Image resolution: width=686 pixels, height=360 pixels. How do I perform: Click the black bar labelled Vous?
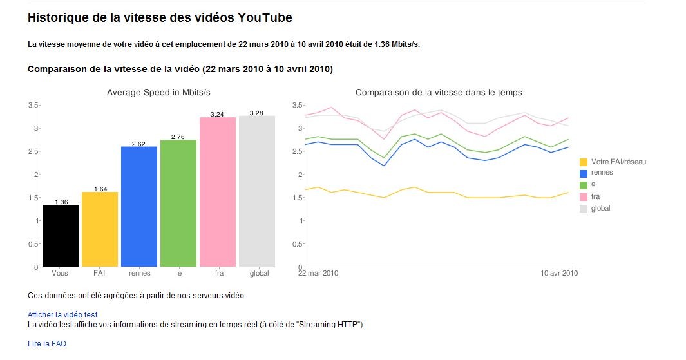click(61, 236)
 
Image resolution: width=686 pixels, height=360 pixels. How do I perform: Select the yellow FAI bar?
click(100, 229)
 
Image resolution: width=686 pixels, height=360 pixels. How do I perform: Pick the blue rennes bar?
click(139, 206)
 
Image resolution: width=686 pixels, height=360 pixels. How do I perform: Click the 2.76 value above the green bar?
click(178, 137)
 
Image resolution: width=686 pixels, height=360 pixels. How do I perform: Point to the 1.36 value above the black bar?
click(61, 202)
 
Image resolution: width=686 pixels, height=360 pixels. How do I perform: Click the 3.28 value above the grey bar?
click(257, 113)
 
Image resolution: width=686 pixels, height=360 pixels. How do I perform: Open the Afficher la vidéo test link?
click(62, 315)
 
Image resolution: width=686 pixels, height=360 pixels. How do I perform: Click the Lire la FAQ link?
click(47, 344)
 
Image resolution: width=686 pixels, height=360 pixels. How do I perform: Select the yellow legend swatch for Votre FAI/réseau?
click(584, 162)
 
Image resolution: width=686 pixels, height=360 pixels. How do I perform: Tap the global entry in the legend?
click(600, 208)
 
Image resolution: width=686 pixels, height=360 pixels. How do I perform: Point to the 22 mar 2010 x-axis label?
click(318, 273)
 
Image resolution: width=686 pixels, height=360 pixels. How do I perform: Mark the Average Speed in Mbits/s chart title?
click(158, 93)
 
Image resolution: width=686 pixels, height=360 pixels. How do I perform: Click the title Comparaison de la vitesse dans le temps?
click(439, 93)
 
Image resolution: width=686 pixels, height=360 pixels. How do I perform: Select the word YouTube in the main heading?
click(265, 18)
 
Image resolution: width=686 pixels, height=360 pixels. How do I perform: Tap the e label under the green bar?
click(179, 273)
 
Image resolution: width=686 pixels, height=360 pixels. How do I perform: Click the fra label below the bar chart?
click(218, 273)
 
